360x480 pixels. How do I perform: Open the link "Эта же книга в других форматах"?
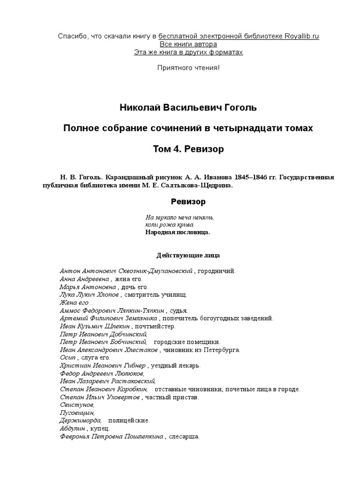click(x=188, y=52)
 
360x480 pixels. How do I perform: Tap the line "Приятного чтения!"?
click(x=188, y=68)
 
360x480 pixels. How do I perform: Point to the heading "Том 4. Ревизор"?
click(x=188, y=149)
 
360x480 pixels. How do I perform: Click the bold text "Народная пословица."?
click(x=178, y=232)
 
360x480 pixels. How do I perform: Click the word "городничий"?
click(x=216, y=271)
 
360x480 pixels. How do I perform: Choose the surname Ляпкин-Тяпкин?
click(x=141, y=310)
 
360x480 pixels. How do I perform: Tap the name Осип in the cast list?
click(x=67, y=358)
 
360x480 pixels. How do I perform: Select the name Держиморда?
click(x=77, y=420)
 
